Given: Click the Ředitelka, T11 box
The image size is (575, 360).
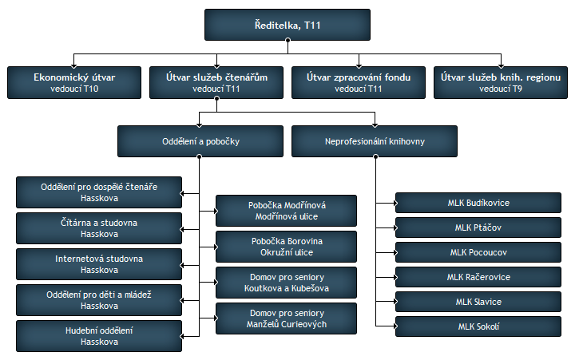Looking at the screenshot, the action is [x=287, y=25].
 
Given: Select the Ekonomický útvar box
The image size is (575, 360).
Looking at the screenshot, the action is [x=74, y=82].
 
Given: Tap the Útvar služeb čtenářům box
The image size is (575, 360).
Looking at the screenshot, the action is [x=216, y=82].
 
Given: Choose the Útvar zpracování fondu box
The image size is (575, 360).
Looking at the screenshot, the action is [x=359, y=82].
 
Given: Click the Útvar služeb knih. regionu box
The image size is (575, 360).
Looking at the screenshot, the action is [x=501, y=82].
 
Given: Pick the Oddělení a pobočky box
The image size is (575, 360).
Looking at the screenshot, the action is [x=200, y=141].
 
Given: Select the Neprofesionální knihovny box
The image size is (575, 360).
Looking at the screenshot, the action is [x=375, y=141].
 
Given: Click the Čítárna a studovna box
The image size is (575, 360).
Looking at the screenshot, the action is [x=99, y=228].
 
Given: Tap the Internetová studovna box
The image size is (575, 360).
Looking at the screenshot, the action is [x=99, y=264].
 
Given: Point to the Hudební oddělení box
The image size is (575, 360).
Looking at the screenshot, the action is [x=99, y=336].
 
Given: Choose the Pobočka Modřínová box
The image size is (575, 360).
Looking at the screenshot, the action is [x=287, y=211].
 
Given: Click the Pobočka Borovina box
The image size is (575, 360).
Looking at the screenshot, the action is [x=287, y=247].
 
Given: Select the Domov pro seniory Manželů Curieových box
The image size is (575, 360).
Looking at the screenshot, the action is [x=287, y=318].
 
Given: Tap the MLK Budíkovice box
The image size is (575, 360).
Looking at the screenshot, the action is [x=478, y=203].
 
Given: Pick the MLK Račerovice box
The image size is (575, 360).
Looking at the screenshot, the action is [x=478, y=277].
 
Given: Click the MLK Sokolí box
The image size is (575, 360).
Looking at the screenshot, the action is [x=478, y=326].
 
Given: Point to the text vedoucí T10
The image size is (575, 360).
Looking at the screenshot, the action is [x=74, y=89].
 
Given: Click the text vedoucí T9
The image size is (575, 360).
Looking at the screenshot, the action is [x=501, y=89].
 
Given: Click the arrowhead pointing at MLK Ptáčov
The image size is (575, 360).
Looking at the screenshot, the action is [x=395, y=227].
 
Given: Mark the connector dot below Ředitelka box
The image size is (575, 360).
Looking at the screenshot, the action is [x=287, y=40].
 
